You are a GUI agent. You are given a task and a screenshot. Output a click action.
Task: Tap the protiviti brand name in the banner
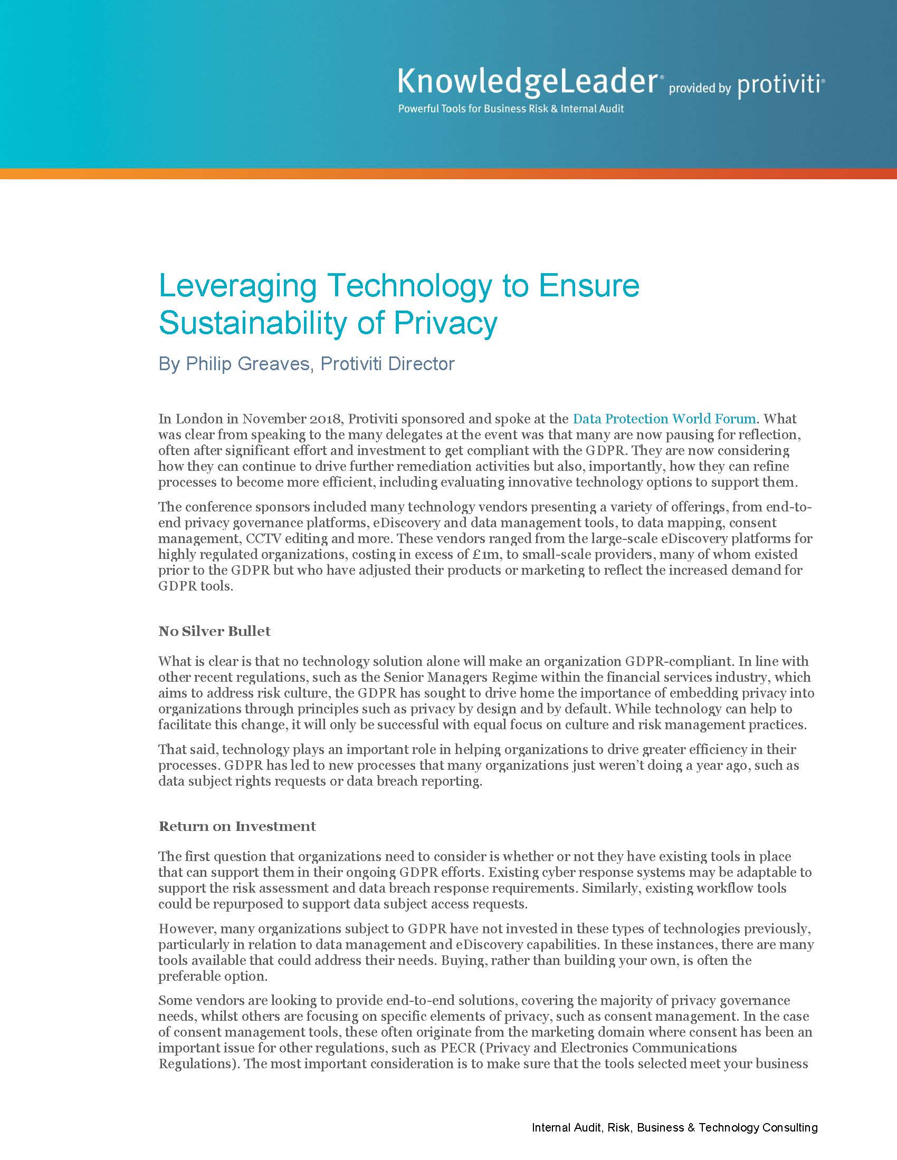point(779,85)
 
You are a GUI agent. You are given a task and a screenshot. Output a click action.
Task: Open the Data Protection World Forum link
point(664,419)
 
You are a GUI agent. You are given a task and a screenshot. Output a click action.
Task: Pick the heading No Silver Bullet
point(215,631)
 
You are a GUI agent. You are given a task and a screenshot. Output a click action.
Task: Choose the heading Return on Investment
point(237,826)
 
